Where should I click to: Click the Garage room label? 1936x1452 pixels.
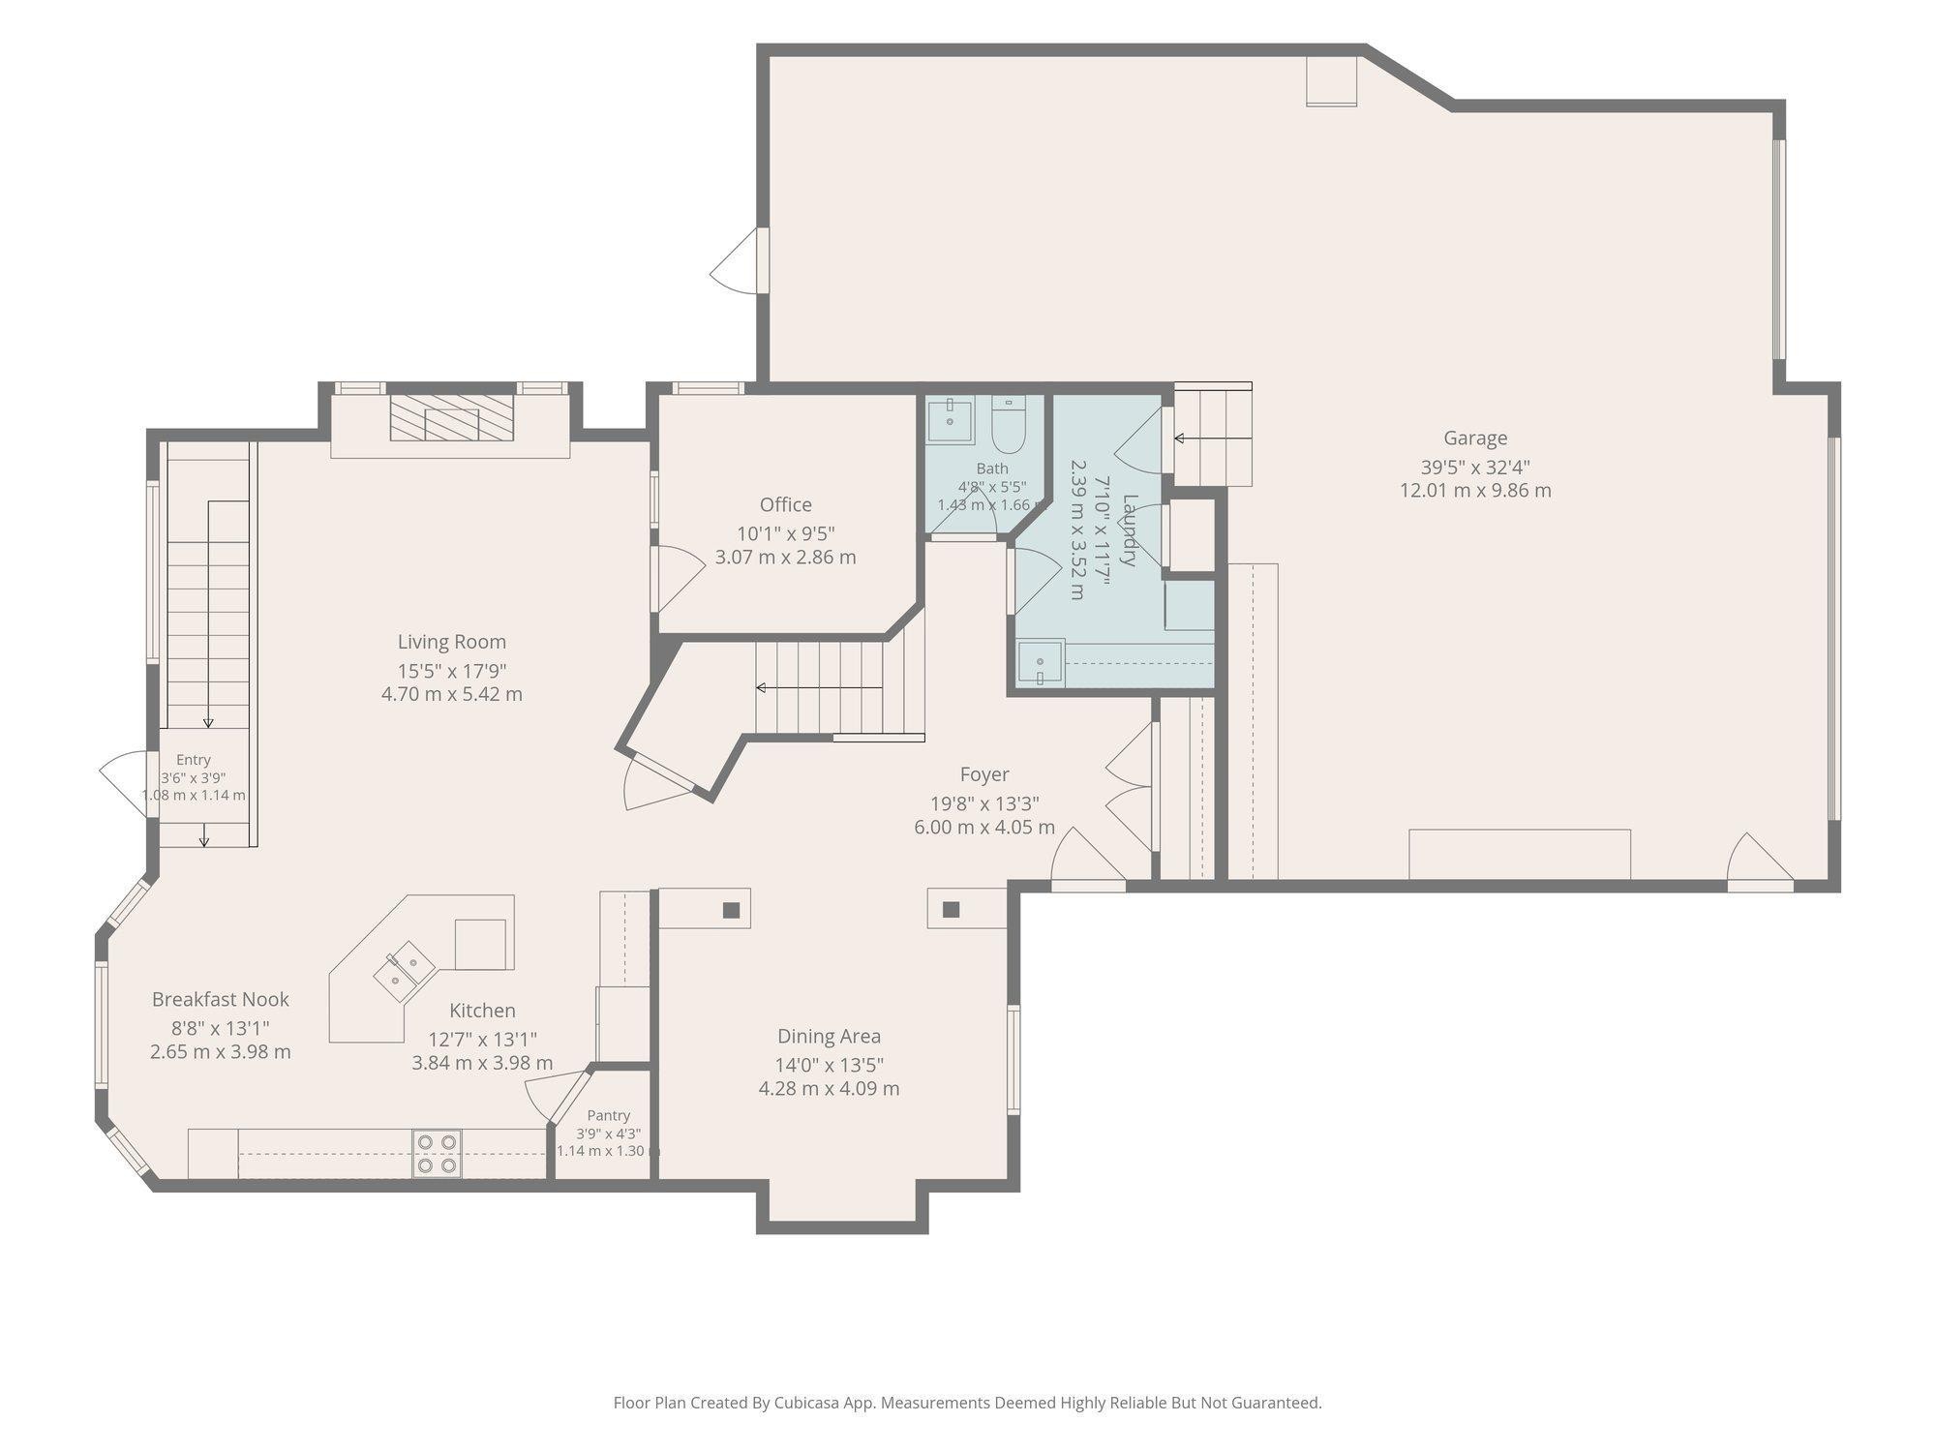pos(1475,439)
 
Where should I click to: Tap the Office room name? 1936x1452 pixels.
pos(785,504)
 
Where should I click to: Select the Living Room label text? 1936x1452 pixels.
pos(452,642)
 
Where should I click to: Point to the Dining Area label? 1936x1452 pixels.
pos(829,1037)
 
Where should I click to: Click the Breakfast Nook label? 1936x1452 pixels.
pos(221,999)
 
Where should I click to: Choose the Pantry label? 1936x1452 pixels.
pos(608,1115)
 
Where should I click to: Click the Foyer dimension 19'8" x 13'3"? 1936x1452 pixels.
pos(984,803)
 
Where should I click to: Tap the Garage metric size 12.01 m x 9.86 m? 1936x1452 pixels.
pos(1475,491)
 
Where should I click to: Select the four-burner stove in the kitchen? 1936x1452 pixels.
pos(437,1154)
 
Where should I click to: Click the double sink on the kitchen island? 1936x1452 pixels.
pos(405,971)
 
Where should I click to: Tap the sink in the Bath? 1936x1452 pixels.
pos(950,420)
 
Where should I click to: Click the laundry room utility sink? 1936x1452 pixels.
pos(1041,663)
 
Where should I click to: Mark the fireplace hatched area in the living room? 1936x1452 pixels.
pos(451,417)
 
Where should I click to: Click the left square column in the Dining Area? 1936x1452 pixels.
pos(731,910)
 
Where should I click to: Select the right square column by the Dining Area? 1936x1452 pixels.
pos(951,910)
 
